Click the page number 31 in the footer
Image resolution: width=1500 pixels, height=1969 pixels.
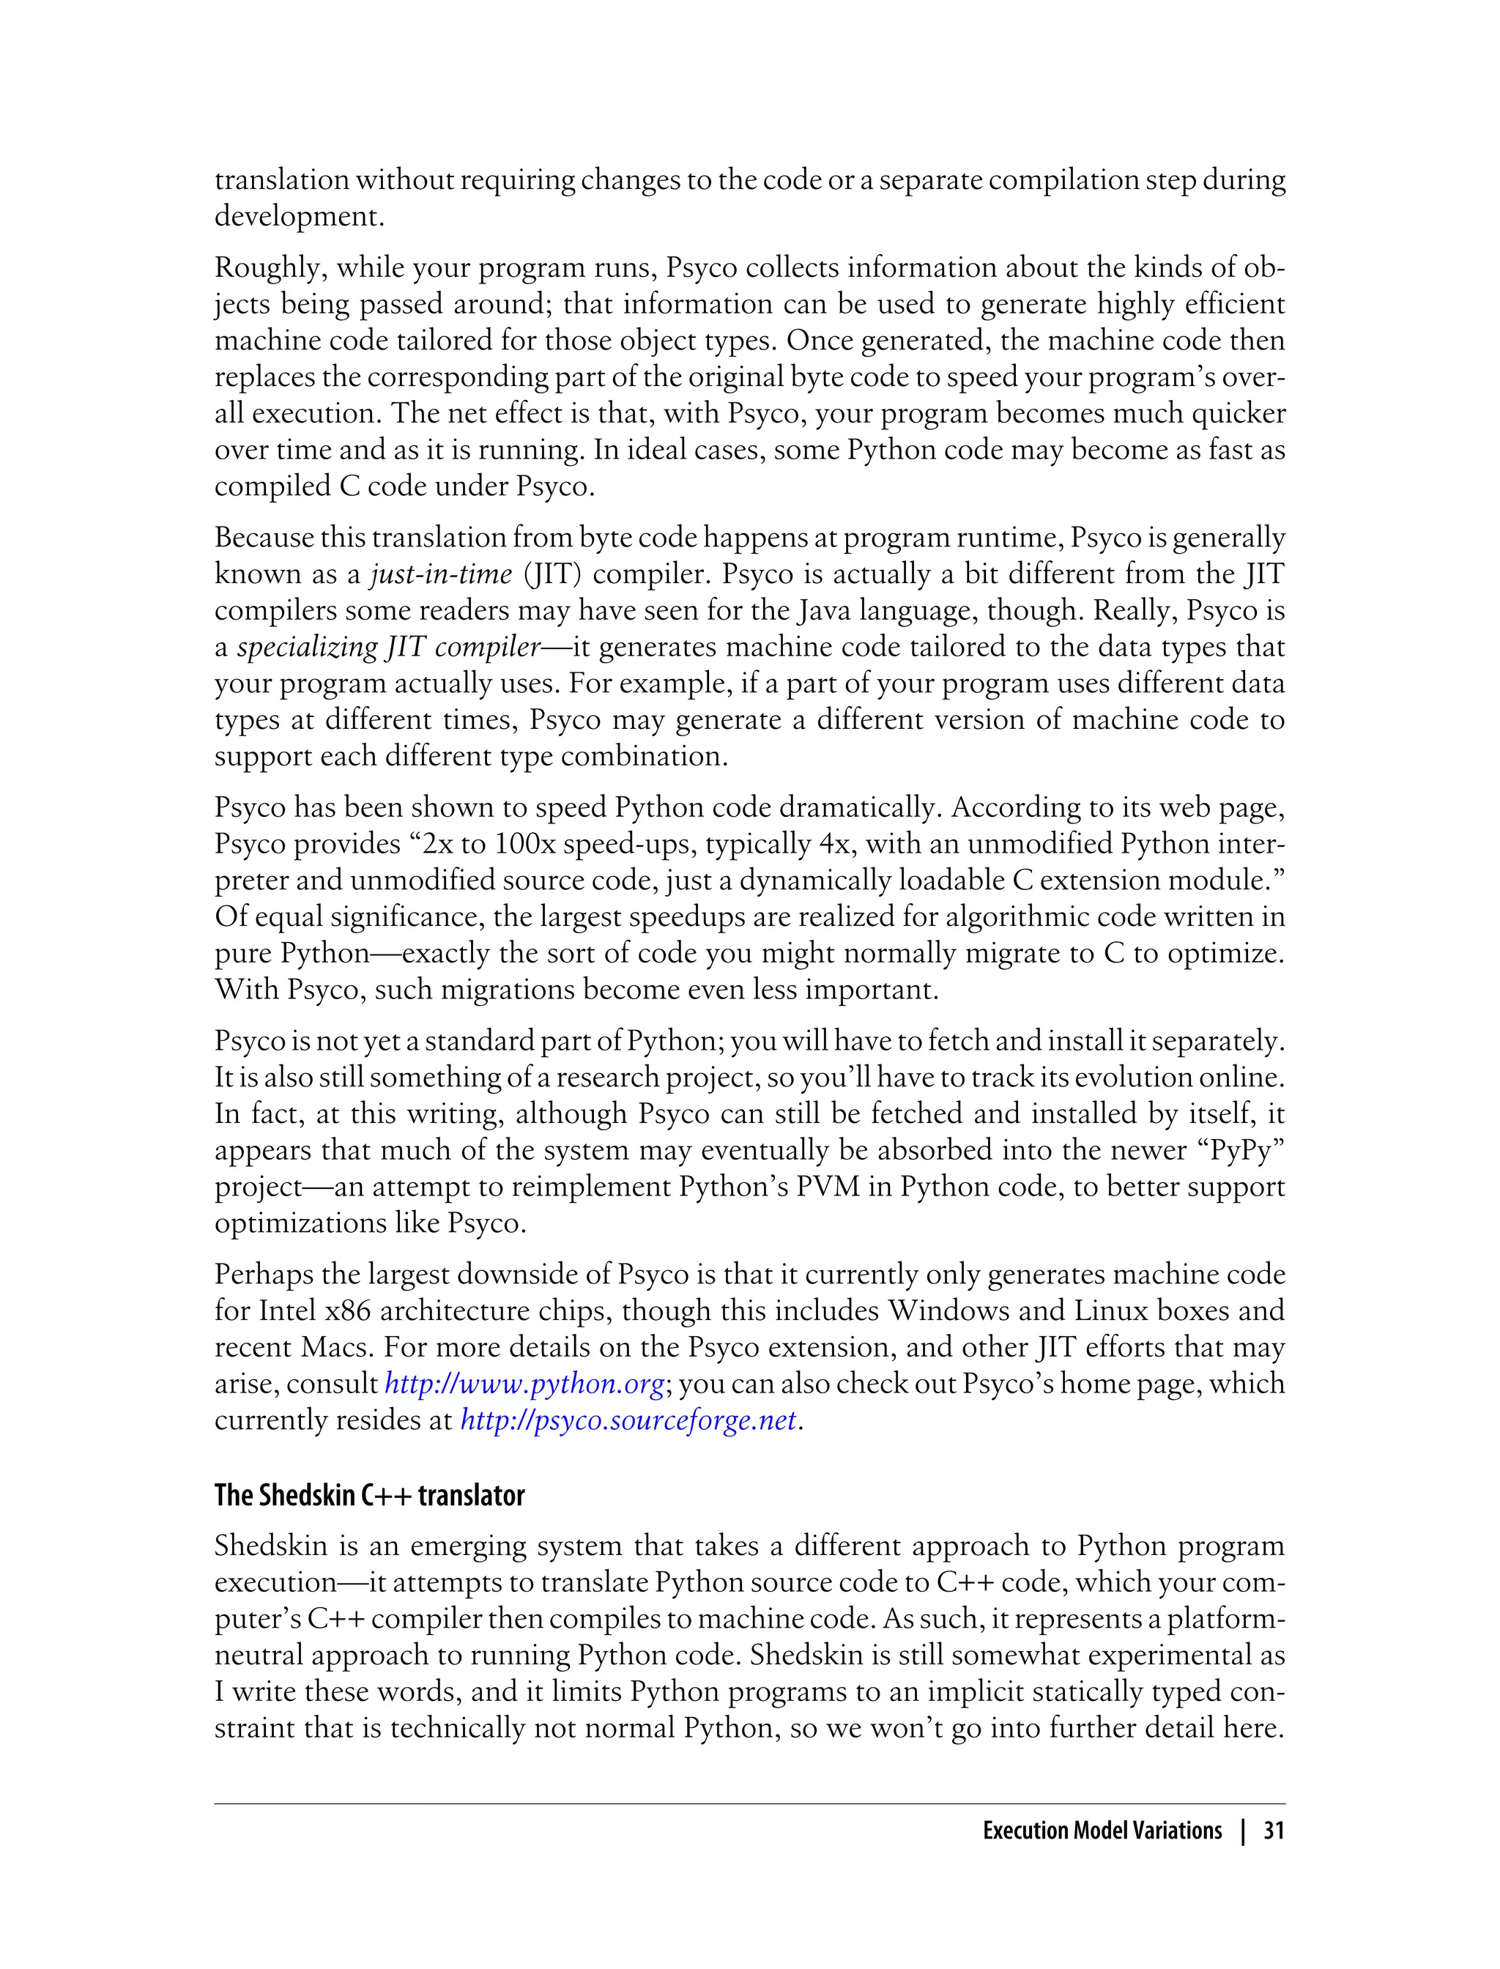(1273, 1831)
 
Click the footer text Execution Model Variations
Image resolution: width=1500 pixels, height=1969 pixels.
(1102, 1831)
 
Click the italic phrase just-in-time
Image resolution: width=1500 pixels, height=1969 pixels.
(441, 574)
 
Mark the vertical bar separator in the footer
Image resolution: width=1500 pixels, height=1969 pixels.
(1243, 1831)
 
